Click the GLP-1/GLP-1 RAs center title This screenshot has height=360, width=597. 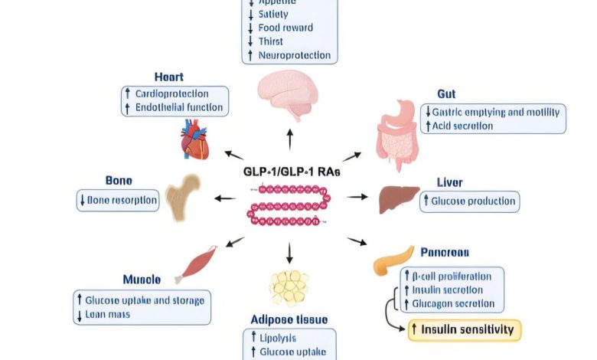tap(289, 172)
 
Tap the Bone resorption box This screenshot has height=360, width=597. tap(118, 201)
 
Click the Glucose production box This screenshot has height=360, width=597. tap(470, 201)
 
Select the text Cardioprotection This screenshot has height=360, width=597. tap(171, 94)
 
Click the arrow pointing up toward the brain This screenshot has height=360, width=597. tap(289, 139)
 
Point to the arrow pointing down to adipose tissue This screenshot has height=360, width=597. tap(289, 252)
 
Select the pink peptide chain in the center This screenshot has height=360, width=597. tap(287, 207)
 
